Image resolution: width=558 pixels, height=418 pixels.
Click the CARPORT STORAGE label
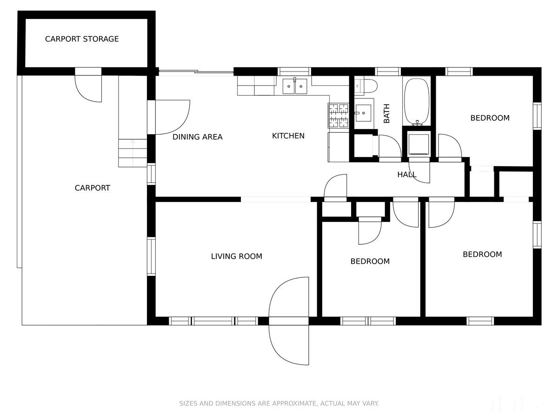tap(81, 39)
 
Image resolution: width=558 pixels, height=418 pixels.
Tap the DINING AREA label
tap(197, 137)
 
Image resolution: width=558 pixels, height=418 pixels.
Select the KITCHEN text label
tap(288, 136)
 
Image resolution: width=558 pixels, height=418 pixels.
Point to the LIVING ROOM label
tap(236, 256)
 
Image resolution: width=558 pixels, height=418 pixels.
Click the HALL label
tap(407, 175)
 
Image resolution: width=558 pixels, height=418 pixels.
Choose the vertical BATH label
tap(386, 113)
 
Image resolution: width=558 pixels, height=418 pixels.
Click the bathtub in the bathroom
tap(416, 102)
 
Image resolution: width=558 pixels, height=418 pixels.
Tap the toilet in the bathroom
tap(365, 86)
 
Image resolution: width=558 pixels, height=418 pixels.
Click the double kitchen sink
tap(295, 86)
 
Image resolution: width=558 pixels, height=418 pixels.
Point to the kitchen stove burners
tap(339, 116)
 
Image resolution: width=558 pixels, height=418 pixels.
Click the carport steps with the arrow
tap(133, 153)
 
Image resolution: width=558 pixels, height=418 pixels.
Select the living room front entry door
tap(289, 321)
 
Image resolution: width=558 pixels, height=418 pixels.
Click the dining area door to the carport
tap(168, 117)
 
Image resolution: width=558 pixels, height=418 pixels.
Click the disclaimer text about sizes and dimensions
tap(279, 403)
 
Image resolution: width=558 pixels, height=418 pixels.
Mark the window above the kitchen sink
tap(294, 72)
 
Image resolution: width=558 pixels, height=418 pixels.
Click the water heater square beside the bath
tap(418, 144)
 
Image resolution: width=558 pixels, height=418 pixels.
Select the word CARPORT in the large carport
tap(92, 188)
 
